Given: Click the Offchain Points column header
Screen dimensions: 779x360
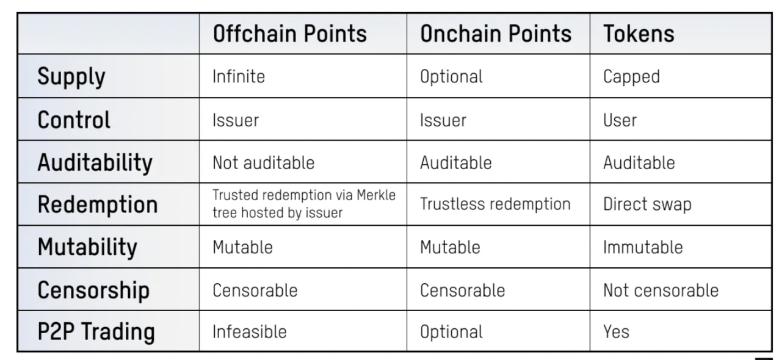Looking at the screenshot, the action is point(290,34).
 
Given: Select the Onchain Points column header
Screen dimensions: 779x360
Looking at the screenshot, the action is point(496,34).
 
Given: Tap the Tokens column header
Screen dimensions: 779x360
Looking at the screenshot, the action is point(639,34).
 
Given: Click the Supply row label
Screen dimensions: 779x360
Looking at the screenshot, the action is point(71,77).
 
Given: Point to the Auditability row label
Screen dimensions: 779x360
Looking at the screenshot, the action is point(95,163).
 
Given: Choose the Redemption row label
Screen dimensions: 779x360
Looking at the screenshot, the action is point(98,204).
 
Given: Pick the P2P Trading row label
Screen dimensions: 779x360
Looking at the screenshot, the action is point(96,332).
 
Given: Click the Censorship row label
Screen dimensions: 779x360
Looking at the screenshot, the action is point(93,290).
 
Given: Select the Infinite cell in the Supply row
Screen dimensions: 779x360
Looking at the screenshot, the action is point(239,76).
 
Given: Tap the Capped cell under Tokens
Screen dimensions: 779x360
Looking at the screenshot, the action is point(631,77).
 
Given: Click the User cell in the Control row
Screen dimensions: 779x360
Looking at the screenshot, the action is point(620,121).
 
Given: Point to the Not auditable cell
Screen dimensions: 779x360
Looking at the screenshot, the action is point(263,163).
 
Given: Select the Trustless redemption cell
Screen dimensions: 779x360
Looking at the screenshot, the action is point(495,204).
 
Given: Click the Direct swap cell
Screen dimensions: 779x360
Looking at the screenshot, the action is point(647,204).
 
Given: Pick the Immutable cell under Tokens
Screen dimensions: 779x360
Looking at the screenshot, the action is point(643,247).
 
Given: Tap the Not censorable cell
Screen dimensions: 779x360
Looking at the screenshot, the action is point(661,290).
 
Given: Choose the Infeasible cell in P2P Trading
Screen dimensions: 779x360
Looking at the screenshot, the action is point(249,332).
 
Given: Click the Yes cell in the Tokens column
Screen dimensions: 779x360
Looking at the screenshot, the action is point(616,332).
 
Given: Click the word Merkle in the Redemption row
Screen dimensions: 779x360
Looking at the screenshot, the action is point(376,195).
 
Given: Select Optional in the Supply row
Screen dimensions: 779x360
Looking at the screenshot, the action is point(451,77).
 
